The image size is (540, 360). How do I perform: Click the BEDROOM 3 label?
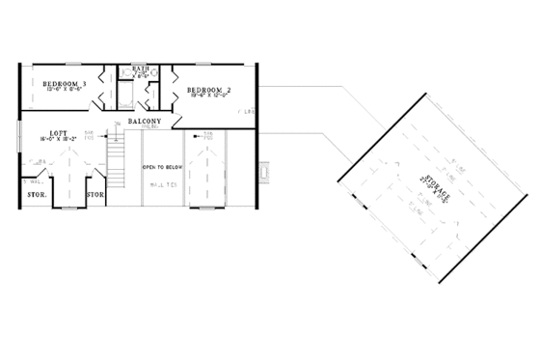[x=65, y=84]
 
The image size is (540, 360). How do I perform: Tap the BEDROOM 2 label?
[x=207, y=86]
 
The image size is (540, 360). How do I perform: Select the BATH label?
[x=140, y=69]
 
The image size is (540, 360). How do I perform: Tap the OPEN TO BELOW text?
[x=160, y=166]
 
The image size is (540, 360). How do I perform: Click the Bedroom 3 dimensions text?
[x=65, y=93]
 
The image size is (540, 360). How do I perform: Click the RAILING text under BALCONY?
[x=149, y=126]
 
